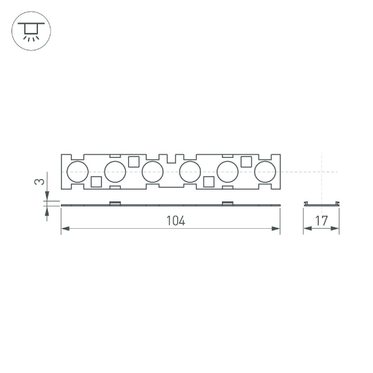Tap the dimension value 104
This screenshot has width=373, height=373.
click(176, 221)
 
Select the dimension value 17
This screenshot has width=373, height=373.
click(321, 221)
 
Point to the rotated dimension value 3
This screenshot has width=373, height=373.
click(39, 182)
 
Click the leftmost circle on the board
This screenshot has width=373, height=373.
click(78, 172)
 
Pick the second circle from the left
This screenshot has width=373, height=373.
click(115, 172)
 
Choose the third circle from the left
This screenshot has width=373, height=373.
click(152, 172)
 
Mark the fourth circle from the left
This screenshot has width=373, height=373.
click(190, 172)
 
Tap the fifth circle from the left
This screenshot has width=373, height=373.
click(228, 172)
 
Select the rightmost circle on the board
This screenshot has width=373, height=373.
click(265, 172)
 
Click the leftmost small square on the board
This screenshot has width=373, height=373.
click(96, 182)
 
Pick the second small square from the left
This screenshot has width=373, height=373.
click(134, 162)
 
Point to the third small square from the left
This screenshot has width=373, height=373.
click(209, 182)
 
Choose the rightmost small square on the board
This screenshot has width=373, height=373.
click(246, 162)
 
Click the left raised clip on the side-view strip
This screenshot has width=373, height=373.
click(115, 203)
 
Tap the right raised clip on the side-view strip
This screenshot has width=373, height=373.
click(228, 203)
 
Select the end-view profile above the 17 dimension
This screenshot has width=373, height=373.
click(321, 204)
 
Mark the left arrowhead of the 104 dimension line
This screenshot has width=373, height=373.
click(64, 229)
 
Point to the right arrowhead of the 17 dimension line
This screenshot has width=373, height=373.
click(336, 229)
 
